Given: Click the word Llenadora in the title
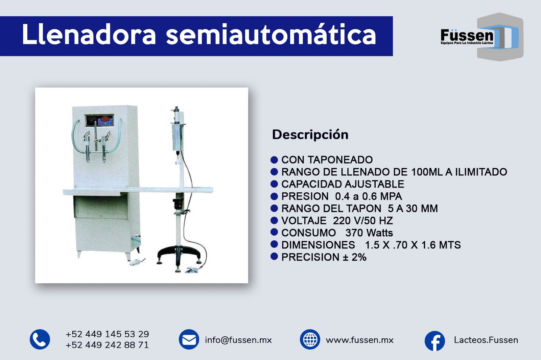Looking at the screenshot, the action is point(89,34).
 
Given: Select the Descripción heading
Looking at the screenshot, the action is point(310,135).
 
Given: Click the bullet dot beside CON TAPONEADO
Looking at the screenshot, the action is point(274,160).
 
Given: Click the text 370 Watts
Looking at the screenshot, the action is point(369,233).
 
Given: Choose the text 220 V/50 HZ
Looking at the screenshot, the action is point(363,221).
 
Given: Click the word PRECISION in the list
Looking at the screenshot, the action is point(310,257).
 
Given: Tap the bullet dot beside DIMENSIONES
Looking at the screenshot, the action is point(274,244).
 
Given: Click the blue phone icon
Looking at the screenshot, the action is point(40,339).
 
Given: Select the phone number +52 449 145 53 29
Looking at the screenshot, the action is point(107,334).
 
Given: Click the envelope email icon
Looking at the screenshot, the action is point(189,339).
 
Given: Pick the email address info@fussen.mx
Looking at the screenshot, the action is point(238,340).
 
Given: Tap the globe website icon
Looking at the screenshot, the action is point(310,339).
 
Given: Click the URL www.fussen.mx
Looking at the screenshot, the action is point(360,340).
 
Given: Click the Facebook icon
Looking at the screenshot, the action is point(435,341).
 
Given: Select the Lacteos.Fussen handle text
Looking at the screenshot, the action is point(486,340).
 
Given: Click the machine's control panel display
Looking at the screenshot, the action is point(99,120).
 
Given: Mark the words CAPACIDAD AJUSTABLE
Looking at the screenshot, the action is point(343,184).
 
